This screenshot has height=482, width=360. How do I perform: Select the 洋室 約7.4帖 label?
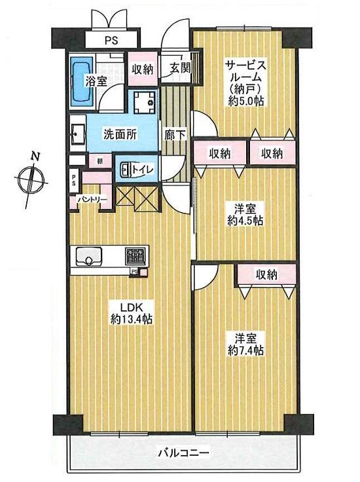tap(245, 344)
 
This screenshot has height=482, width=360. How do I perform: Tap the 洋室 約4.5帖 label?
tap(245, 215)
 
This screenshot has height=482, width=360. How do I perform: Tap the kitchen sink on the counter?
tap(87, 256)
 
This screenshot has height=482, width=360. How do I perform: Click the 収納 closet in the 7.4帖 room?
tap(266, 274)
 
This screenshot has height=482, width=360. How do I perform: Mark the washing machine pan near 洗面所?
tap(143, 102)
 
